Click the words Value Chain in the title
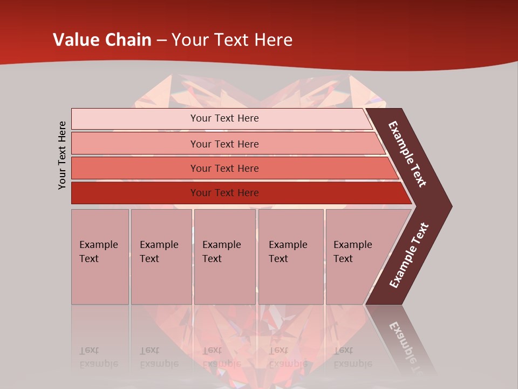pyautogui.click(x=102, y=40)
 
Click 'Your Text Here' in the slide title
pyautogui.click(x=232, y=40)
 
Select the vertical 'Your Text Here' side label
pyautogui.click(x=62, y=155)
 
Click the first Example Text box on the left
pyautogui.click(x=100, y=257)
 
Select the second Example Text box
pyautogui.click(x=161, y=257)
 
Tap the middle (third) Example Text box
pyautogui.click(x=224, y=257)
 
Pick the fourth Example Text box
pyautogui.click(x=291, y=257)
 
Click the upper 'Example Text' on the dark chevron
pyautogui.click(x=408, y=155)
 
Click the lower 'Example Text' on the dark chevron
pyautogui.click(x=409, y=256)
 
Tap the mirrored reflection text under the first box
pyautogui.click(x=99, y=357)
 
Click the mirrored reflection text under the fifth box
pyautogui.click(x=352, y=357)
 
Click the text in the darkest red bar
pyautogui.click(x=224, y=193)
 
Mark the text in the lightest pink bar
pyautogui.click(x=224, y=118)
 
